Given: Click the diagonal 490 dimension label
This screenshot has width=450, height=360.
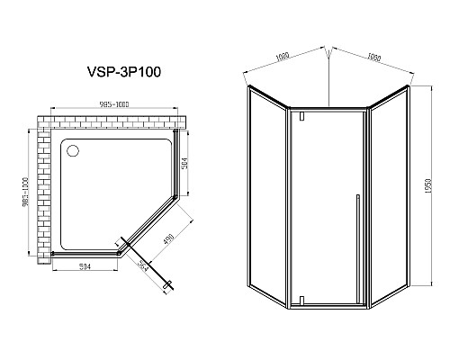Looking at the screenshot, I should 170,237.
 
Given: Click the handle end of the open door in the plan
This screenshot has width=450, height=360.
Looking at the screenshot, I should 166,284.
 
